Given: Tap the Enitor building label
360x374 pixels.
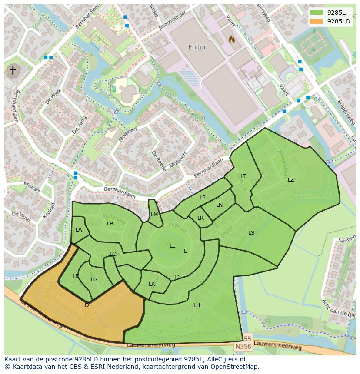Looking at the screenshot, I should (197, 47).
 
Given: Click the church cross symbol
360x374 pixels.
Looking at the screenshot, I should (13, 71).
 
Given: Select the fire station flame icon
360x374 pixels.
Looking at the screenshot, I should (232, 40).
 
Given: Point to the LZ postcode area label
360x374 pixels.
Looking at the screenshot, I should (290, 180).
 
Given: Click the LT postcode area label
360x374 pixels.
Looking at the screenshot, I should (243, 176).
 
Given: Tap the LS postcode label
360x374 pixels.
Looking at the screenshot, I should (251, 233).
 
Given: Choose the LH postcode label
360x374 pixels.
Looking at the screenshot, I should (197, 305).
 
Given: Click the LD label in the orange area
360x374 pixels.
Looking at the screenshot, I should (85, 305).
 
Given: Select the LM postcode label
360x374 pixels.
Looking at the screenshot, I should (154, 215).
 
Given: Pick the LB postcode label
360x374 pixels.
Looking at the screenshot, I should (110, 224).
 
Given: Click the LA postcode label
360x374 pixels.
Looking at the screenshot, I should (79, 230).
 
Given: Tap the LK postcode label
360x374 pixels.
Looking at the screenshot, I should (152, 284).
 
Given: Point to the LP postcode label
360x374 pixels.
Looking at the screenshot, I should (202, 198).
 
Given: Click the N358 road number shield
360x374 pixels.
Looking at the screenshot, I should (243, 346).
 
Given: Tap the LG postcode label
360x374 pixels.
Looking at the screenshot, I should (94, 280).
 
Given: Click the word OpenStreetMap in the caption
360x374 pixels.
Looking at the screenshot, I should (233, 367).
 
